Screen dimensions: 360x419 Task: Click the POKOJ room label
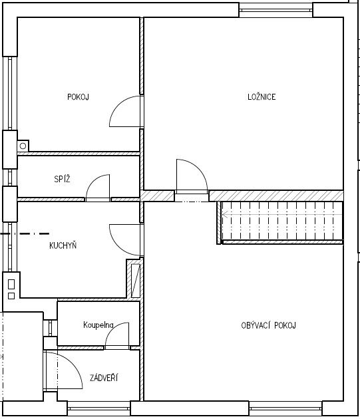point(78,96)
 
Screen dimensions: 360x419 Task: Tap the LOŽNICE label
point(262,96)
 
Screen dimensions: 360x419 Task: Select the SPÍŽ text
point(62,179)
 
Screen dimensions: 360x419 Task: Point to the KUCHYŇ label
point(63,245)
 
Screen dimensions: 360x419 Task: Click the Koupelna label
point(98,325)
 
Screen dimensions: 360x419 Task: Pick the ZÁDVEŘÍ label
point(104,377)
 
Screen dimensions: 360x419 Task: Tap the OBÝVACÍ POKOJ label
point(269,325)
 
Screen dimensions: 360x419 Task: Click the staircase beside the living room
point(280,223)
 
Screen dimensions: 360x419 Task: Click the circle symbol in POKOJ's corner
point(23,146)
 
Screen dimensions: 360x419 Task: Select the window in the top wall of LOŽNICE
point(275,10)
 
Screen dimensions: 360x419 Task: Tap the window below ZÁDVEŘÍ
point(98,408)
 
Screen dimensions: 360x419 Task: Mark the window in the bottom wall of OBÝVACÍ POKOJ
point(285,408)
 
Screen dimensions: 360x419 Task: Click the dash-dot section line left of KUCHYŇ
point(25,234)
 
